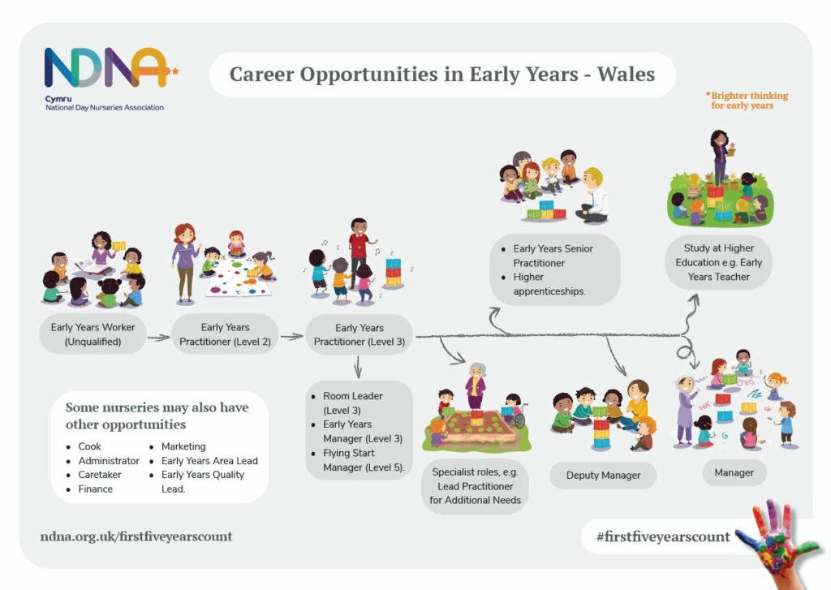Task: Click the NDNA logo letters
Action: pyautogui.click(x=109, y=67)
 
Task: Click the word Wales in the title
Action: pyautogui.click(x=626, y=74)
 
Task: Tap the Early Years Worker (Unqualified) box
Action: pyautogui.click(x=93, y=334)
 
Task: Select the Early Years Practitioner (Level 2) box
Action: pyautogui.click(x=226, y=334)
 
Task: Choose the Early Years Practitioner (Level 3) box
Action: pyautogui.click(x=360, y=334)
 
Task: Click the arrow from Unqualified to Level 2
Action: pyautogui.click(x=158, y=337)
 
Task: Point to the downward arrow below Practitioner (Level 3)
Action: pyautogui.click(x=358, y=367)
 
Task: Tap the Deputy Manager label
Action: pyautogui.click(x=603, y=476)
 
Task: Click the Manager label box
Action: pyautogui.click(x=734, y=473)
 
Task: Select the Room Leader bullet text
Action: pyautogui.click(x=352, y=403)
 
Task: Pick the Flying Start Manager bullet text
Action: pyautogui.click(x=364, y=460)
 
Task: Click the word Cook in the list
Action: pyautogui.click(x=89, y=446)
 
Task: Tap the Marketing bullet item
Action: pyautogui.click(x=183, y=446)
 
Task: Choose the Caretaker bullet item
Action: pyautogui.click(x=100, y=475)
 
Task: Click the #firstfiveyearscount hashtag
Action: pyautogui.click(x=663, y=536)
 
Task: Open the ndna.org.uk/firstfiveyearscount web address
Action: pyautogui.click(x=136, y=536)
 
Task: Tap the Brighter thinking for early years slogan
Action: pyautogui.click(x=747, y=100)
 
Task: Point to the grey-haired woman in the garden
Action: pyautogui.click(x=476, y=385)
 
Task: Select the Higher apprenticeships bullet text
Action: pyautogui.click(x=549, y=284)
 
